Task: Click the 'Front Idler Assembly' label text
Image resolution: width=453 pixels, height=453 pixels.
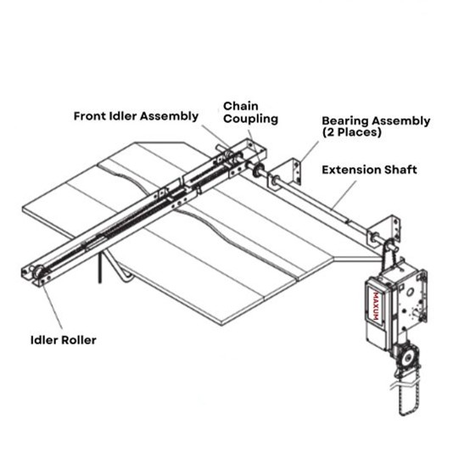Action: (136, 115)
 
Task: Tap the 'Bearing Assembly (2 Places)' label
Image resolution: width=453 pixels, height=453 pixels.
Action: (375, 126)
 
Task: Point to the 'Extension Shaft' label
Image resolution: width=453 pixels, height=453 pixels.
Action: (369, 171)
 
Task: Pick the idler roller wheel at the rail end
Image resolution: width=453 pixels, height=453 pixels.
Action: (39, 273)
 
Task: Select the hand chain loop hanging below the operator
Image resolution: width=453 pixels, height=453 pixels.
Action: (404, 399)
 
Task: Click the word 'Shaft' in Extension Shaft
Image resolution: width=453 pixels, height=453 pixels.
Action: (400, 171)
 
